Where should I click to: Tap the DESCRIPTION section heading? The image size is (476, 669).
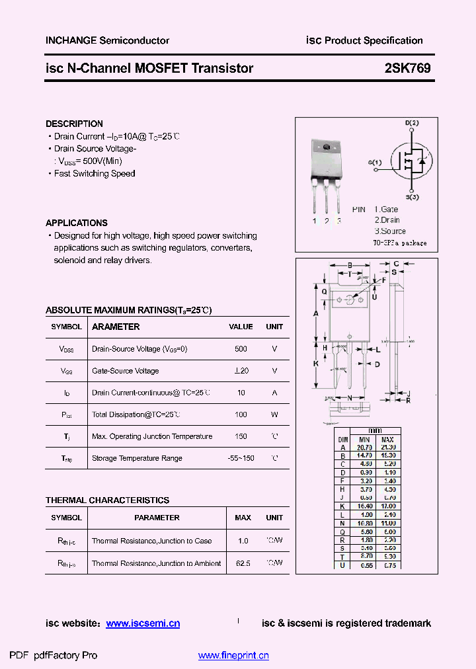(74, 124)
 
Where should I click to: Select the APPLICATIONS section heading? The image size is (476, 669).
(76, 223)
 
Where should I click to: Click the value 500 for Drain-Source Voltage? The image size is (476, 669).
(241, 348)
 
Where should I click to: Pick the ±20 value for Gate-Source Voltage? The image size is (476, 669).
(241, 371)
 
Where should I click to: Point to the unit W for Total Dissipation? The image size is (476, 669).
(274, 414)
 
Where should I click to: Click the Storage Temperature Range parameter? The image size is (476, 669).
(137, 458)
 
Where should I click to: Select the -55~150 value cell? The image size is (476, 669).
(241, 458)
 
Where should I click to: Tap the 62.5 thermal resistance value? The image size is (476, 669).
(243, 563)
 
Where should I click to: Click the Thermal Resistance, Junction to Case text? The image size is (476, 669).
(151, 541)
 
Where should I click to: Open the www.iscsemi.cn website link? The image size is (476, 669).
(143, 623)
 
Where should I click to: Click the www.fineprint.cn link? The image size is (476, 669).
(233, 656)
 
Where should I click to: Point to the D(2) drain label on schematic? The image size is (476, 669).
(412, 123)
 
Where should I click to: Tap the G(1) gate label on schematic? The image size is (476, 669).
(375, 162)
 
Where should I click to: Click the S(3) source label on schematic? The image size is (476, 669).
(412, 197)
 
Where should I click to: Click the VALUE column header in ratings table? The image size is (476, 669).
(241, 327)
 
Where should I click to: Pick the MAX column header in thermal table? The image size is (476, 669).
(243, 518)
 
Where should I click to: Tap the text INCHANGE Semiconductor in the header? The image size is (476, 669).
(107, 40)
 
